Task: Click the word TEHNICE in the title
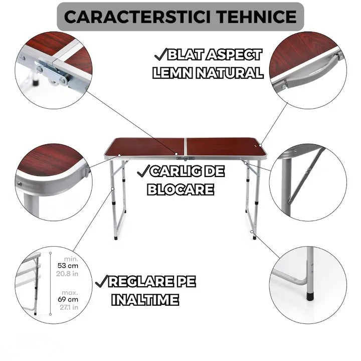(257, 17)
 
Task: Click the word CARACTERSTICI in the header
(137, 17)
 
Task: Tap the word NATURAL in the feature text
(229, 73)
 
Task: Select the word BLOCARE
(180, 190)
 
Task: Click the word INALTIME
(145, 300)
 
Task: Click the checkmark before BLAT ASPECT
(160, 54)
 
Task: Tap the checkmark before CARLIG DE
(143, 171)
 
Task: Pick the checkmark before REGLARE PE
(101, 281)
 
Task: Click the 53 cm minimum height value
(68, 266)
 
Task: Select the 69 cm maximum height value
(68, 299)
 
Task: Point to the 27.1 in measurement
(69, 307)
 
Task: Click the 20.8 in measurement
(67, 274)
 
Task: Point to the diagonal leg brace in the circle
(306, 175)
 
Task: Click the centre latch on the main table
(186, 158)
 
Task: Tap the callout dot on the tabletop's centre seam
(176, 154)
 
